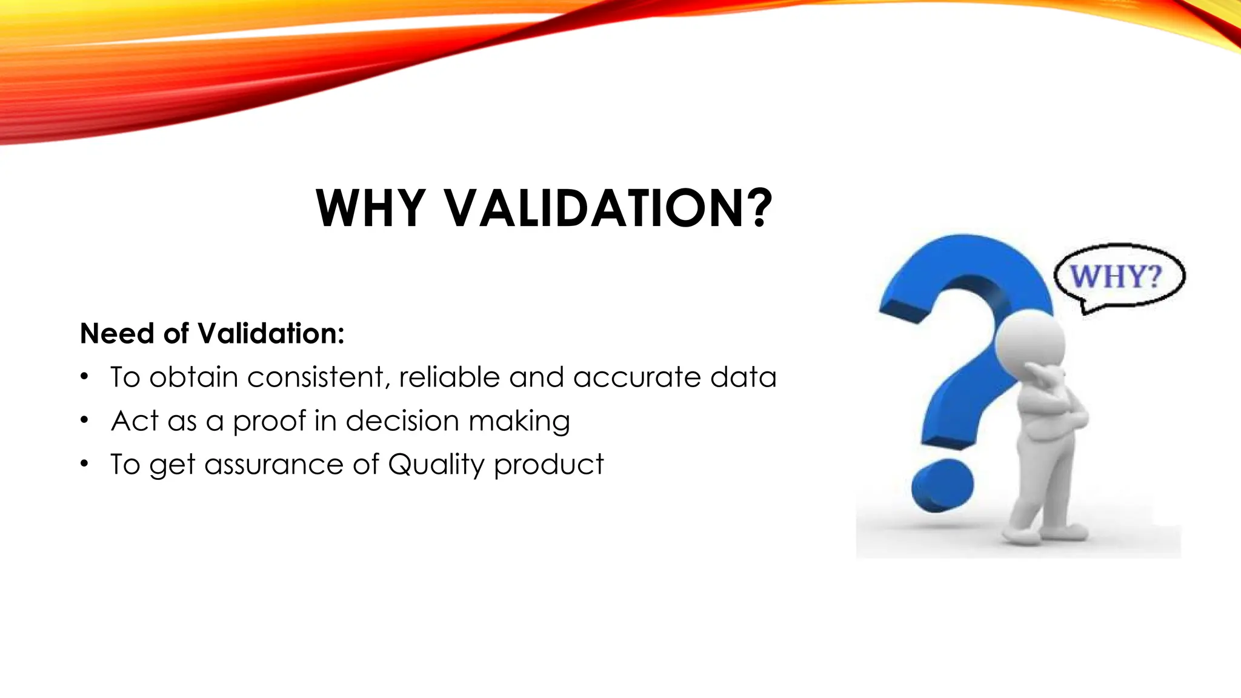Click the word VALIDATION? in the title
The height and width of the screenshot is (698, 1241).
click(608, 208)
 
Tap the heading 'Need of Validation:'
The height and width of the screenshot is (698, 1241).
click(212, 333)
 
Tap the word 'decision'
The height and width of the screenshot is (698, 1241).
click(402, 420)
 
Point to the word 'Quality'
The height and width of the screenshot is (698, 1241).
click(436, 465)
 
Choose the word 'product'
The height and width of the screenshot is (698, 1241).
click(549, 465)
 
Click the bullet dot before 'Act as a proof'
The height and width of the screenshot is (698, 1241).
click(84, 420)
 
